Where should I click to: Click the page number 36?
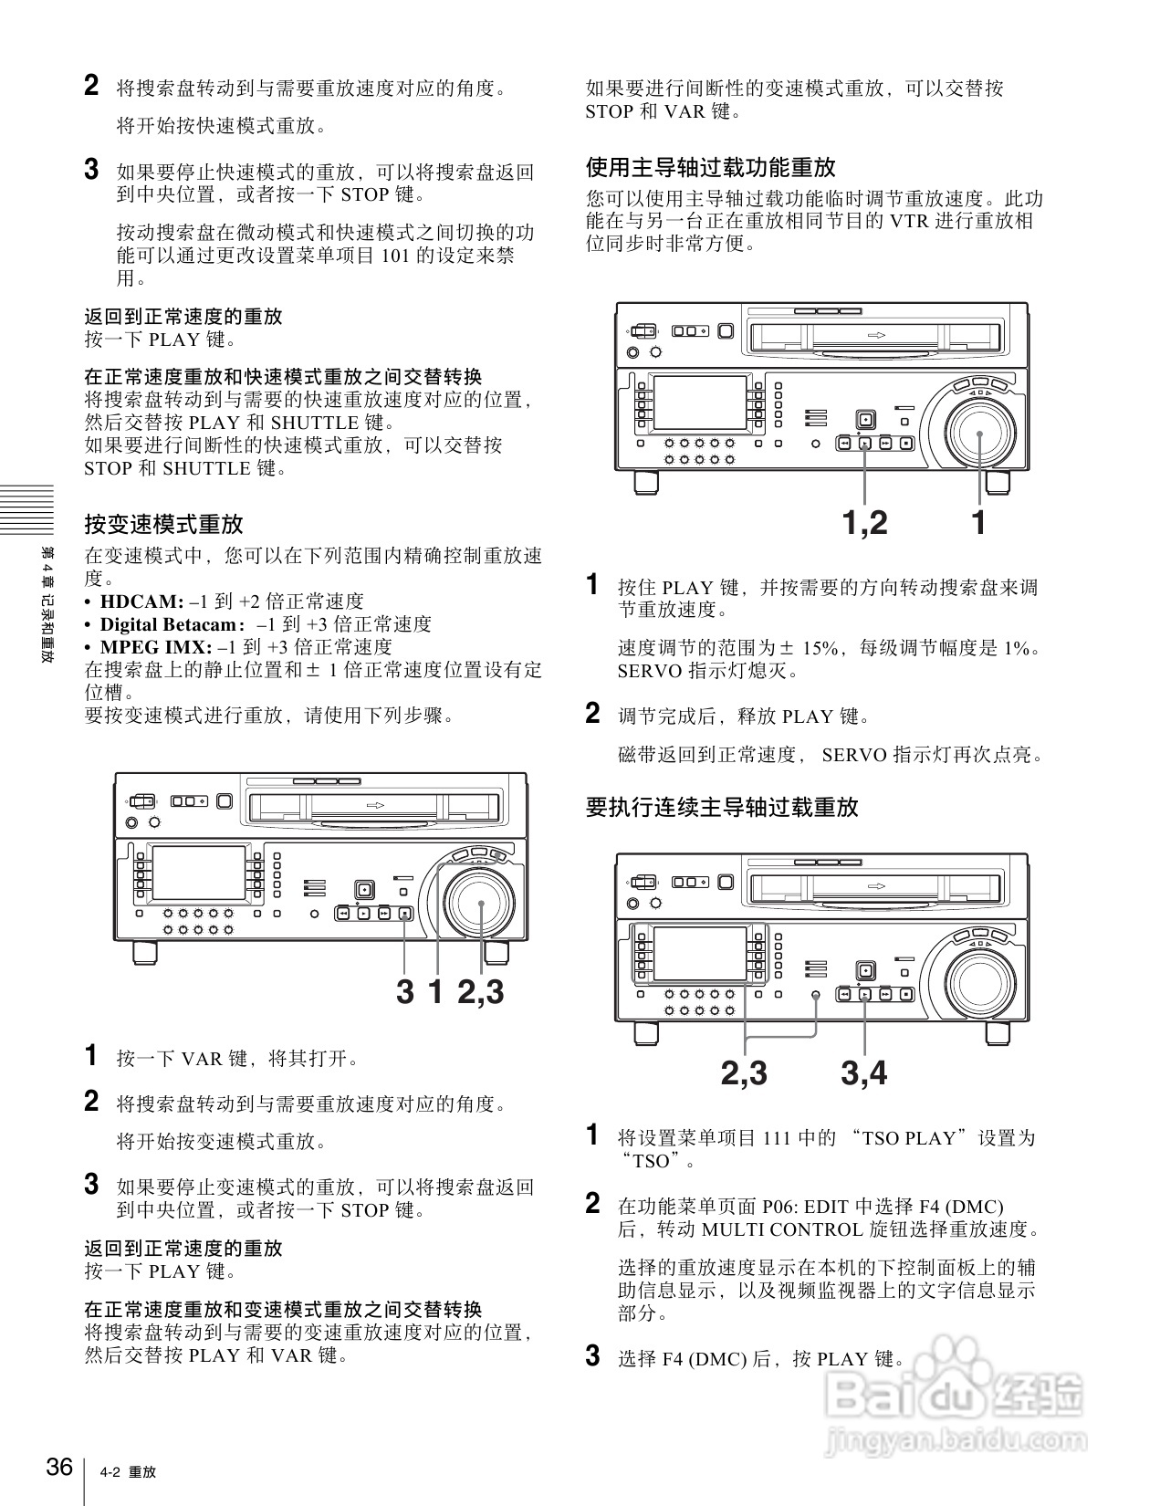[59, 1467]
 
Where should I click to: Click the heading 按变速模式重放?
[163, 525]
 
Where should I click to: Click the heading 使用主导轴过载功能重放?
[710, 168]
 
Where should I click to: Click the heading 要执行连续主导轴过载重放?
[721, 808]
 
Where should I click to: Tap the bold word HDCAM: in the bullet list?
[141, 601]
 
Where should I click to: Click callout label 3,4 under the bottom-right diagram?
[863, 1073]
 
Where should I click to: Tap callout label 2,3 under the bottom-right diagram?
[744, 1073]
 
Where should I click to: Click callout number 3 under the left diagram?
[404, 992]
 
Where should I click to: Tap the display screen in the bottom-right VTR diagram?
[701, 955]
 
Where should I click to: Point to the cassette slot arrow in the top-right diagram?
[875, 336]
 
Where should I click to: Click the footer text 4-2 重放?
[129, 1472]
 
